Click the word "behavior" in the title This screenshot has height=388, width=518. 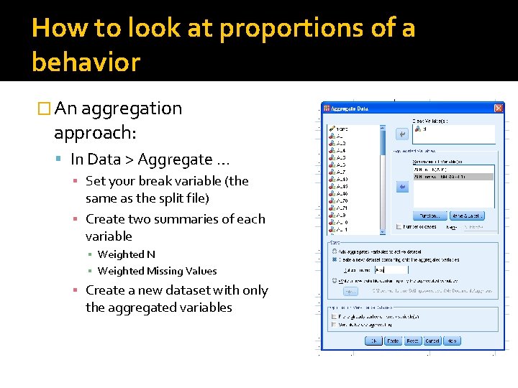click(x=86, y=63)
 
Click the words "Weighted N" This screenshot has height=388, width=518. click(x=126, y=254)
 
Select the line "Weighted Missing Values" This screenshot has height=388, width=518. click(x=157, y=271)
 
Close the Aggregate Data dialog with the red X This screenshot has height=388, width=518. click(x=499, y=108)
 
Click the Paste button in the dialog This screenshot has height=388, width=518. click(x=393, y=341)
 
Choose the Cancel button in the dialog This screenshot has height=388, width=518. click(x=432, y=341)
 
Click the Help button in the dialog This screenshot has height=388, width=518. click(x=452, y=341)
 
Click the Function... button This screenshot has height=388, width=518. click(x=430, y=216)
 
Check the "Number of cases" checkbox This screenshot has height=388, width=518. click(x=399, y=227)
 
